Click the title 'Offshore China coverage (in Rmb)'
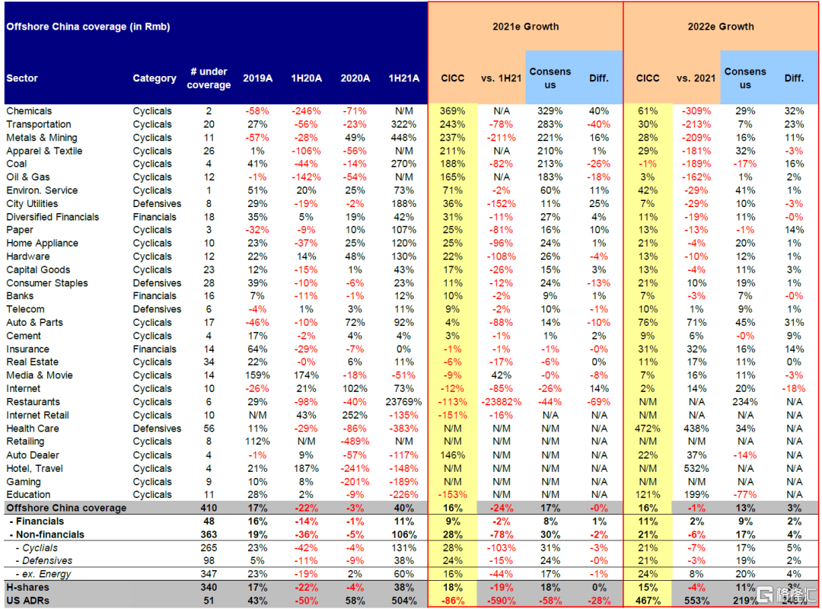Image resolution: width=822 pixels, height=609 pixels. tap(88, 27)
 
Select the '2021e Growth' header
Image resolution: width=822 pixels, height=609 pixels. tap(525, 26)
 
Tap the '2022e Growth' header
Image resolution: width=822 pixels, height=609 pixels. tap(721, 26)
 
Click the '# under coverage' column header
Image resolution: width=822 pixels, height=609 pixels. tap(209, 78)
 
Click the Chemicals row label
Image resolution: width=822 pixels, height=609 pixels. tap(29, 111)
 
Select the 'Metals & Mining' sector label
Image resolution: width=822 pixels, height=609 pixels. tap(42, 138)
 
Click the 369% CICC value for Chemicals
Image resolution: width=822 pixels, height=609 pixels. tap(452, 111)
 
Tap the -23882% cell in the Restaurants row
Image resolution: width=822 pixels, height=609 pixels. tap(500, 402)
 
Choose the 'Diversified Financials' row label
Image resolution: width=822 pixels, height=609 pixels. tap(53, 217)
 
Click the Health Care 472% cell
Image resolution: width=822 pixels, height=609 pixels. tap(648, 429)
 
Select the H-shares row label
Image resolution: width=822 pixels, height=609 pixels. tap(27, 587)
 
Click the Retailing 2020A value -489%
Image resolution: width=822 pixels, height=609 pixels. tap(355, 442)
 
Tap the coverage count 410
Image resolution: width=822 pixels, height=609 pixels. tap(209, 508)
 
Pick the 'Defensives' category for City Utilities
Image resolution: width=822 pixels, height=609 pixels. tap(157, 203)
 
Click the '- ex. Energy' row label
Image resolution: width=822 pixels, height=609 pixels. tap(41, 574)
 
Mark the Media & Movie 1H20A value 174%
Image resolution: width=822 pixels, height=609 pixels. tap(305, 375)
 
